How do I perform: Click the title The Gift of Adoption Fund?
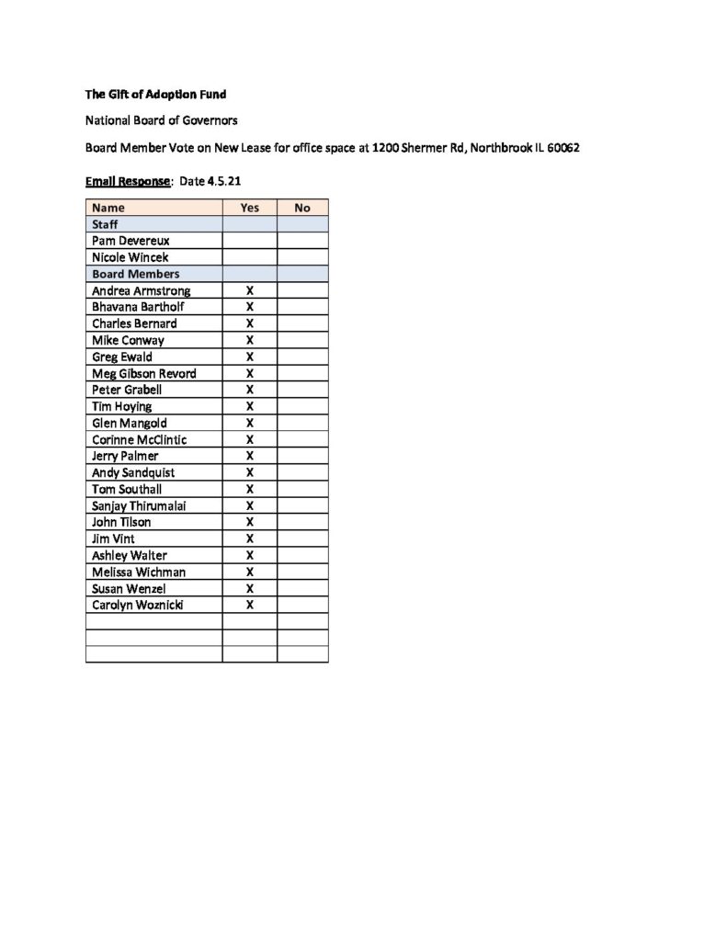click(155, 94)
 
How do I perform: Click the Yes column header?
click(250, 208)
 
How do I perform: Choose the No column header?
click(302, 208)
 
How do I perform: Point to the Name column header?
click(108, 208)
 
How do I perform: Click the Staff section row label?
click(105, 224)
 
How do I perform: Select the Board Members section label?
click(136, 274)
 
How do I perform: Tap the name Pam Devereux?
click(131, 241)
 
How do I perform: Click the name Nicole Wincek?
click(130, 257)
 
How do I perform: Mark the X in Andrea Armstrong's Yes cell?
click(250, 290)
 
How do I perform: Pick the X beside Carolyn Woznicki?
click(250, 605)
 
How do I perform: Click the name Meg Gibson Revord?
click(144, 373)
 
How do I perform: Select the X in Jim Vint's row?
click(250, 539)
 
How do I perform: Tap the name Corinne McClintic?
click(140, 439)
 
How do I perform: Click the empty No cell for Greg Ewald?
click(302, 357)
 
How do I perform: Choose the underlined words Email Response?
click(128, 181)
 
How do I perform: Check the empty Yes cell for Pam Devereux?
click(250, 241)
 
